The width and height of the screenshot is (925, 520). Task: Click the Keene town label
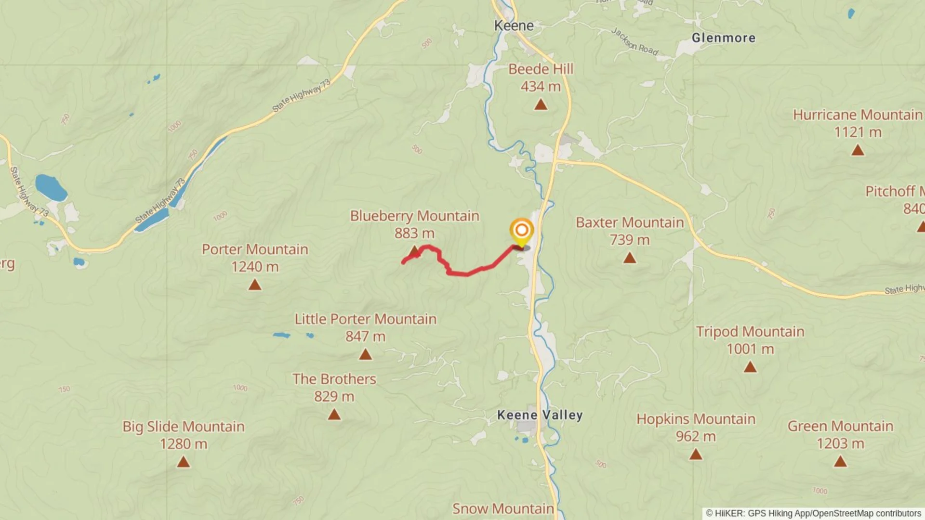(514, 26)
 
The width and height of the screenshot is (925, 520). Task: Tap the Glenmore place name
(723, 38)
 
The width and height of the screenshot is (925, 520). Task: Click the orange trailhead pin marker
(521, 231)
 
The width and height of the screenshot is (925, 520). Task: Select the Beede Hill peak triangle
(541, 104)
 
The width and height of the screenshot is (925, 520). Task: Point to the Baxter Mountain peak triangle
(629, 258)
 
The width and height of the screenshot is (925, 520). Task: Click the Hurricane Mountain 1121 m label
(857, 123)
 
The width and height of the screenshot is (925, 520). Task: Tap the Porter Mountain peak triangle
(255, 285)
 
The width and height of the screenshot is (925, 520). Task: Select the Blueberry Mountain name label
(414, 216)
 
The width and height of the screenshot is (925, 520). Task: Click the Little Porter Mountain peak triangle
(365, 355)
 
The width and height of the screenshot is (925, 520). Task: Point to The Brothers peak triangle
(334, 415)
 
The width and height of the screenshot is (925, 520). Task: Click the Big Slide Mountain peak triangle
(183, 462)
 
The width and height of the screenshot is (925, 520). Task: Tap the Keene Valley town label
(540, 415)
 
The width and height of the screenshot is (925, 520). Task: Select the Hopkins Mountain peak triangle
(695, 454)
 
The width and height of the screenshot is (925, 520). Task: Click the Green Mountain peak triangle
(840, 462)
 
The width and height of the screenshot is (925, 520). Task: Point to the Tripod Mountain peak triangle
(750, 367)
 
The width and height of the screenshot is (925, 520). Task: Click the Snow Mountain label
(502, 508)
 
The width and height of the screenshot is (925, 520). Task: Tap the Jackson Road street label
(634, 42)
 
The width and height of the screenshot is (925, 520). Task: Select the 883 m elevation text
(414, 234)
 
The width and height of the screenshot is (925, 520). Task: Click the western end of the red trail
(403, 262)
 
